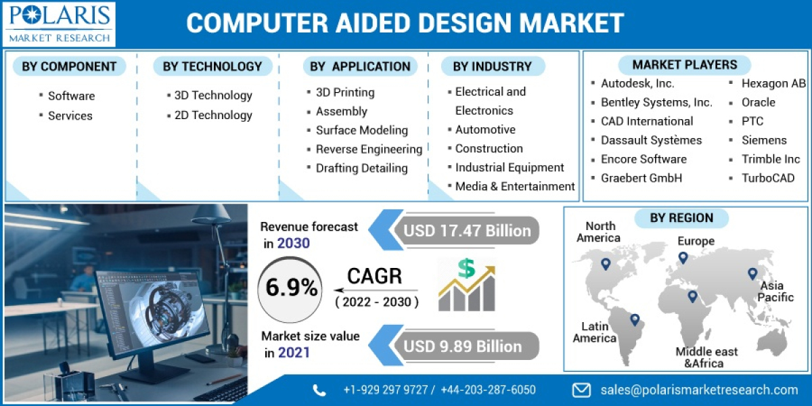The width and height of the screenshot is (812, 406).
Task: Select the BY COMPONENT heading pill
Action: tap(69, 66)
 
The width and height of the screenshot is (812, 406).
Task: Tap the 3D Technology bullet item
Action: tap(212, 95)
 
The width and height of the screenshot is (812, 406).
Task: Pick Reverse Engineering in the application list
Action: tap(369, 149)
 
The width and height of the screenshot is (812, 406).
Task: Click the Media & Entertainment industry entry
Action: tap(514, 186)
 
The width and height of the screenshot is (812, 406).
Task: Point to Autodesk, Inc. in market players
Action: tap(637, 83)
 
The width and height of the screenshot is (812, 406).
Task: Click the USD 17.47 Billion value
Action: tap(467, 231)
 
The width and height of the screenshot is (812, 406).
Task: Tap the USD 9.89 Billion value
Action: tap(463, 346)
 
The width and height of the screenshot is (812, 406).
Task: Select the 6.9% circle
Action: tap(291, 288)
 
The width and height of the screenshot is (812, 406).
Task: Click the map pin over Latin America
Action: tap(634, 319)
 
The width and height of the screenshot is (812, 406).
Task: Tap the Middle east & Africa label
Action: tap(706, 357)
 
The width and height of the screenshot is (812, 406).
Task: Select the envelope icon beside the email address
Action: tap(581, 390)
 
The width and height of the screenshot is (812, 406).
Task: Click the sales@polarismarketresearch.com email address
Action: tap(699, 390)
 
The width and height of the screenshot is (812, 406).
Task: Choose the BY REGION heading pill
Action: tap(681, 218)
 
